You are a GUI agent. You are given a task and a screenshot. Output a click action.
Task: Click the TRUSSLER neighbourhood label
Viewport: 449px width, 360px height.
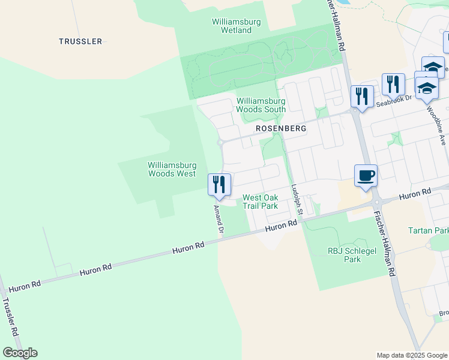80,41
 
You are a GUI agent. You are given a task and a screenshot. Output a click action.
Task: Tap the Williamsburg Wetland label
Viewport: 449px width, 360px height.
236,26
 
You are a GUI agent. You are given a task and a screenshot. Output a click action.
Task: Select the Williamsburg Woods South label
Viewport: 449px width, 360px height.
261,106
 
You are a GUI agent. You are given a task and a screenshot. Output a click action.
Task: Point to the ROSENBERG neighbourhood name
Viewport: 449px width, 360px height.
281,128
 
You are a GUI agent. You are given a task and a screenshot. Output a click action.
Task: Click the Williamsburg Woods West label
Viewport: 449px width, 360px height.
172,169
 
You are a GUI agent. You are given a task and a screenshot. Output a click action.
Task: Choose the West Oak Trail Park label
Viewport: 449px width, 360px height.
260,202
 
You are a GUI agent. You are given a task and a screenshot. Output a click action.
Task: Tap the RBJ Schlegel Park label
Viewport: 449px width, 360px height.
344,255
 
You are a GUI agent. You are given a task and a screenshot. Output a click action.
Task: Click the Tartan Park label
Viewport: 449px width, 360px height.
428,230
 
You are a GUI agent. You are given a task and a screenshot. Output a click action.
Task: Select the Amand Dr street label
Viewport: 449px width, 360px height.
219,219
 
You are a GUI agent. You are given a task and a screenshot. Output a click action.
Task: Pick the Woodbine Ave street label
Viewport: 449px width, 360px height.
436,127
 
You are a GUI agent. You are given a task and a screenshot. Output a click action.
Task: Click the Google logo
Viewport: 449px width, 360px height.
20,353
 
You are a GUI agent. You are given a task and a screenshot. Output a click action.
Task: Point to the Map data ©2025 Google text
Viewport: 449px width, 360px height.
412,355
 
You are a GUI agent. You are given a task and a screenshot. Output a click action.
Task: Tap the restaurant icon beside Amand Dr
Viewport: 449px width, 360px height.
219,184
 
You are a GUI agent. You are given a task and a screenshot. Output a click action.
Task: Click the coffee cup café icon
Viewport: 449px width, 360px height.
366,175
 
